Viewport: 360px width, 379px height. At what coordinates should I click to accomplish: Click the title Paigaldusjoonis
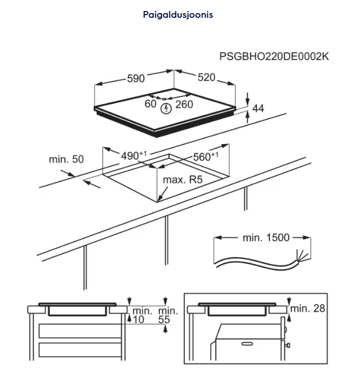click(x=178, y=15)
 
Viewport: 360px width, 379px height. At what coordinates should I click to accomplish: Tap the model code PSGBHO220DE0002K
click(x=274, y=57)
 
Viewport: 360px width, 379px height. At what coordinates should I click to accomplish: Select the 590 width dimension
click(x=136, y=79)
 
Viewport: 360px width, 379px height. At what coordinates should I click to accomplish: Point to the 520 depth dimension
click(x=206, y=78)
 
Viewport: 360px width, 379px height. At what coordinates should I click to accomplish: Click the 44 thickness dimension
click(x=258, y=109)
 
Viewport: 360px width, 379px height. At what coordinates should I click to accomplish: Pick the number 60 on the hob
click(x=150, y=104)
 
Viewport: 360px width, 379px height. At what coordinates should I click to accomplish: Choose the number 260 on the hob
click(x=184, y=104)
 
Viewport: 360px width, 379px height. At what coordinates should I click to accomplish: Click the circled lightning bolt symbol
click(x=167, y=109)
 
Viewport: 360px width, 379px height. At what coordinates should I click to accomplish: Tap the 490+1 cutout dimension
click(x=133, y=156)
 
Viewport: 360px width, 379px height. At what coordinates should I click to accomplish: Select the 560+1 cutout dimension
click(x=205, y=156)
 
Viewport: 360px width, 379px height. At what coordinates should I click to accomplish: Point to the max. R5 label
click(x=182, y=180)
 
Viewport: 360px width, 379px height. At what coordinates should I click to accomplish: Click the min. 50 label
click(x=66, y=159)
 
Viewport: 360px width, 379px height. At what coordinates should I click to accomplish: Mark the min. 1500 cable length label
click(x=266, y=238)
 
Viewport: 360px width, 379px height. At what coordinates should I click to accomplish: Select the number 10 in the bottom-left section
click(x=138, y=319)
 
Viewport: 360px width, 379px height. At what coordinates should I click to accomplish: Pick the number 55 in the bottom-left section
click(x=165, y=319)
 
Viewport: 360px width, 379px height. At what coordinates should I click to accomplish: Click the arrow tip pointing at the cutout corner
click(x=159, y=200)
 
